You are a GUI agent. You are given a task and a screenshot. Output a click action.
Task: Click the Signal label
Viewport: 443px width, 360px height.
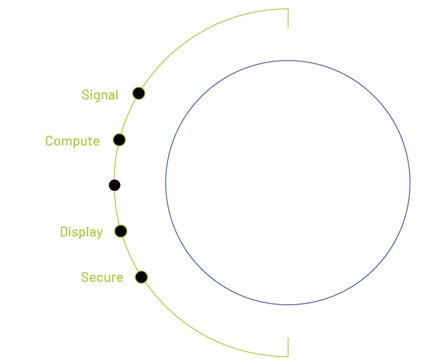coord(100,95)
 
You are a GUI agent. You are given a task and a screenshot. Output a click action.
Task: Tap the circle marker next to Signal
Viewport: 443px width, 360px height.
coord(139,93)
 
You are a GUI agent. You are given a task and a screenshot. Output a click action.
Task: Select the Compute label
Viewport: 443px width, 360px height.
coord(72,141)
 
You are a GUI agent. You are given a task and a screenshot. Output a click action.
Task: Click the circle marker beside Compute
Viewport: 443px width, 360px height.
coord(119,140)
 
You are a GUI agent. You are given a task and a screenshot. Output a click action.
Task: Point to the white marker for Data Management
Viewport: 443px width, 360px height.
coord(115,185)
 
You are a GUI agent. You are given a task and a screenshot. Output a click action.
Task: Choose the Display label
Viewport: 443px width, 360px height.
coord(81,232)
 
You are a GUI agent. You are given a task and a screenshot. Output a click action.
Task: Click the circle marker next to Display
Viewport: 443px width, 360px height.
coord(120,231)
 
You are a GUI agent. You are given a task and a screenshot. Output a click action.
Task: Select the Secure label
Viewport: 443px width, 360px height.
coord(102,278)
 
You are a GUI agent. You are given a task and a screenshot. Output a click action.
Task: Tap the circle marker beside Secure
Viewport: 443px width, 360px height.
coord(141,277)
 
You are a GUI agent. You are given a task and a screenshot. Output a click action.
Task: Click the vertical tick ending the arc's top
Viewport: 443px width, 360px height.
coord(288,18)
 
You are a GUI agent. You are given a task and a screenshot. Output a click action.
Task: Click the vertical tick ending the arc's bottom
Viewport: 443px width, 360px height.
coord(288,347)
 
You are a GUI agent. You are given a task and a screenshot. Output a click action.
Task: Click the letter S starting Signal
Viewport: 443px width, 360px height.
coord(85,95)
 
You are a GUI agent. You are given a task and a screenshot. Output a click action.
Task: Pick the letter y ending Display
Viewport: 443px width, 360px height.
coord(99,233)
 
